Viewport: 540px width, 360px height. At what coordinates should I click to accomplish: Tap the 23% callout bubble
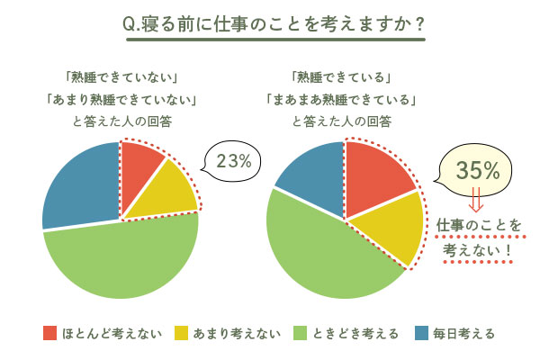pyautogui.click(x=232, y=161)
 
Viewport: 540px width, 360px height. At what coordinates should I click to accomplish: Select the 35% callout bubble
pyautogui.click(x=474, y=169)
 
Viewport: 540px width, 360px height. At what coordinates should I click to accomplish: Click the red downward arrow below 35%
pyautogui.click(x=475, y=199)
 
